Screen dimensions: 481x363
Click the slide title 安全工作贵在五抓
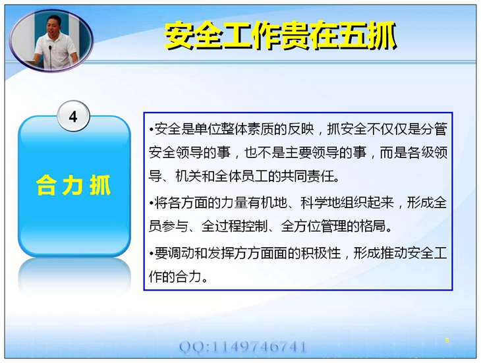pyautogui.click(x=281, y=36)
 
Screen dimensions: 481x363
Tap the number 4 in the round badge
pyautogui.click(x=73, y=117)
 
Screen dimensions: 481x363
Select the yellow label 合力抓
pyautogui.click(x=74, y=185)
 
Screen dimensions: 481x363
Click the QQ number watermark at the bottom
pyautogui.click(x=242, y=347)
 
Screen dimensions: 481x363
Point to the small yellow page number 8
pyautogui.click(x=447, y=340)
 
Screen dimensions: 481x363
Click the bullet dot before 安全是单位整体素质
pyautogui.click(x=152, y=130)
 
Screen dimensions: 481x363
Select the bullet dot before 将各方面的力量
pyautogui.click(x=152, y=203)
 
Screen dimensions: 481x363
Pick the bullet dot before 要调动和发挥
pyautogui.click(x=152, y=254)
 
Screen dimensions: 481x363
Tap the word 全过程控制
pyautogui.click(x=235, y=226)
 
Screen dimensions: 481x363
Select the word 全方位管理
pyautogui.click(x=314, y=226)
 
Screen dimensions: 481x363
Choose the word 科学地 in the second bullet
pyautogui.click(x=320, y=203)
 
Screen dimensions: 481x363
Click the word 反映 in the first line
pyautogui.click(x=300, y=129)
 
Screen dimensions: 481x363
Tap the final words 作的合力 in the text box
pyautogui.click(x=175, y=277)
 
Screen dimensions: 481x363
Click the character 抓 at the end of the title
pyautogui.click(x=382, y=36)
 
